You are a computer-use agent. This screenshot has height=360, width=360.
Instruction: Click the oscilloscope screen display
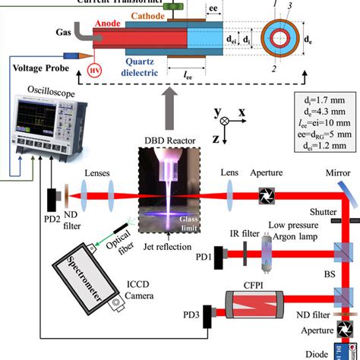pyautogui.click(x=30, y=121)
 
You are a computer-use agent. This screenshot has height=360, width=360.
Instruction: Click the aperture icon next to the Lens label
pyautogui.click(x=264, y=195)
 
